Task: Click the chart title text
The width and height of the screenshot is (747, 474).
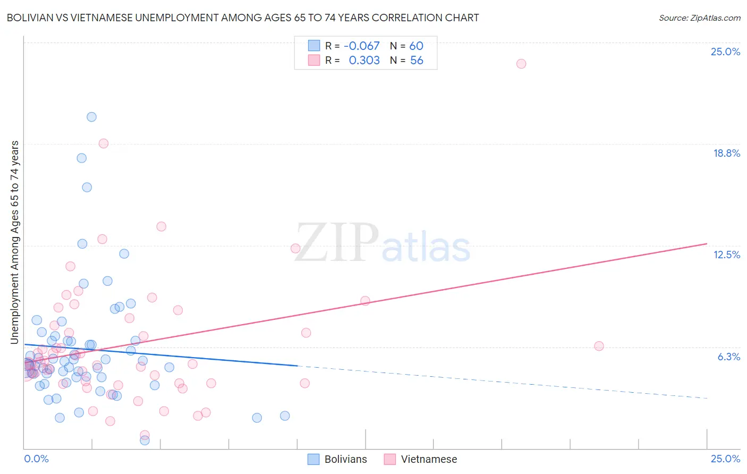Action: [243, 18]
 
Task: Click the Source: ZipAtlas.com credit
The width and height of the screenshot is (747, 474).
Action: [699, 18]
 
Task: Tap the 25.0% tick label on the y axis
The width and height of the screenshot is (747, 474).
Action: [725, 52]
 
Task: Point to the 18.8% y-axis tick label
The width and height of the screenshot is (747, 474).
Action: [726, 153]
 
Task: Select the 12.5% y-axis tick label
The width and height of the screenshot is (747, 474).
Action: [726, 255]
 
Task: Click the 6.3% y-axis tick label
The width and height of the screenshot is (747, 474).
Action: [728, 357]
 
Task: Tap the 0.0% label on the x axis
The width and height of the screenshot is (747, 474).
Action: [36, 459]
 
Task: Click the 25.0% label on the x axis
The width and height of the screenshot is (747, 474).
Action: [725, 459]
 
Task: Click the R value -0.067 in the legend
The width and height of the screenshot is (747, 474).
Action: [362, 46]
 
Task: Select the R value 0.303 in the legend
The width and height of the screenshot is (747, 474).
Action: [364, 60]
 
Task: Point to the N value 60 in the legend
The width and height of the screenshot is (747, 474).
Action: [416, 46]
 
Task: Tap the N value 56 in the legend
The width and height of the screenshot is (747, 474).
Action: [417, 60]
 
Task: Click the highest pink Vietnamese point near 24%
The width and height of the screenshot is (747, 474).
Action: [521, 64]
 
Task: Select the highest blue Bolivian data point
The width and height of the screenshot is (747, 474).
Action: [91, 117]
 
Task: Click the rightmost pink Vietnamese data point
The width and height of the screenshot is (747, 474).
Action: [599, 346]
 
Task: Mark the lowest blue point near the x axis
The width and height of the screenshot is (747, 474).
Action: [145, 440]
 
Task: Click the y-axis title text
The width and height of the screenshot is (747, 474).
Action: [14, 242]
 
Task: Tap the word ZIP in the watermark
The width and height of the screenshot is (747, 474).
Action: [337, 243]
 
